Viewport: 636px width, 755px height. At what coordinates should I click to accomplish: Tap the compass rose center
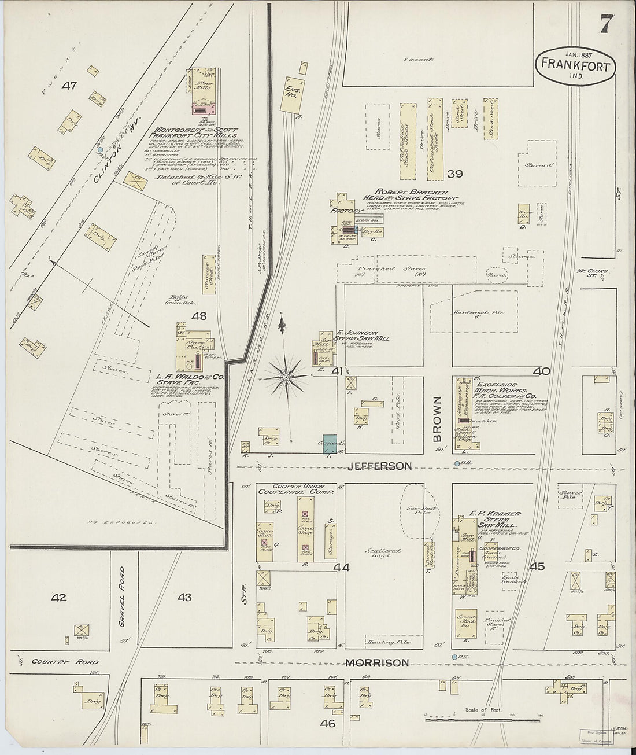pos(286,378)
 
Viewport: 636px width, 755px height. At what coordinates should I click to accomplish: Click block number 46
pos(328,723)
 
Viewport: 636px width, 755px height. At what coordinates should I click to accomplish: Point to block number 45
pos(537,567)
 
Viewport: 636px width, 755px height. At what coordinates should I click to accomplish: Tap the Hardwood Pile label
pos(482,312)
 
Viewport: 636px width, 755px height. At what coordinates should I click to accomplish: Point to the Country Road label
pos(65,662)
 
